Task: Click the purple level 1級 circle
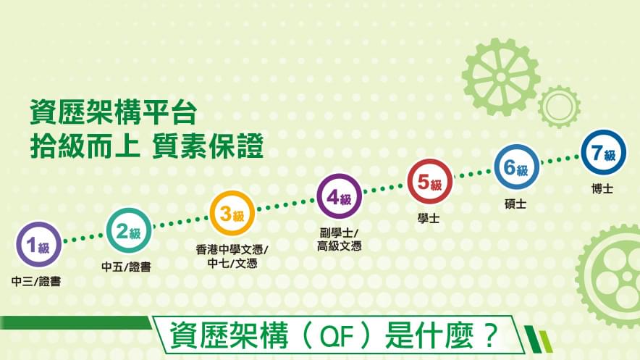39,245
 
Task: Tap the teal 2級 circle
129,231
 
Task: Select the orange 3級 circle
232,214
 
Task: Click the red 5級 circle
430,182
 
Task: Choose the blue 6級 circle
516,167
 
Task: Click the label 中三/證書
36,281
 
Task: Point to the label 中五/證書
126,267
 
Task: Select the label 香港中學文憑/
232,249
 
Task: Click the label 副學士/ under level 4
339,233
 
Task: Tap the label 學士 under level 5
429,218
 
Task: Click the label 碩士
515,204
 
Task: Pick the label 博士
602,188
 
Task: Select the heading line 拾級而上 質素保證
146,146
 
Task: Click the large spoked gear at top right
501,77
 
